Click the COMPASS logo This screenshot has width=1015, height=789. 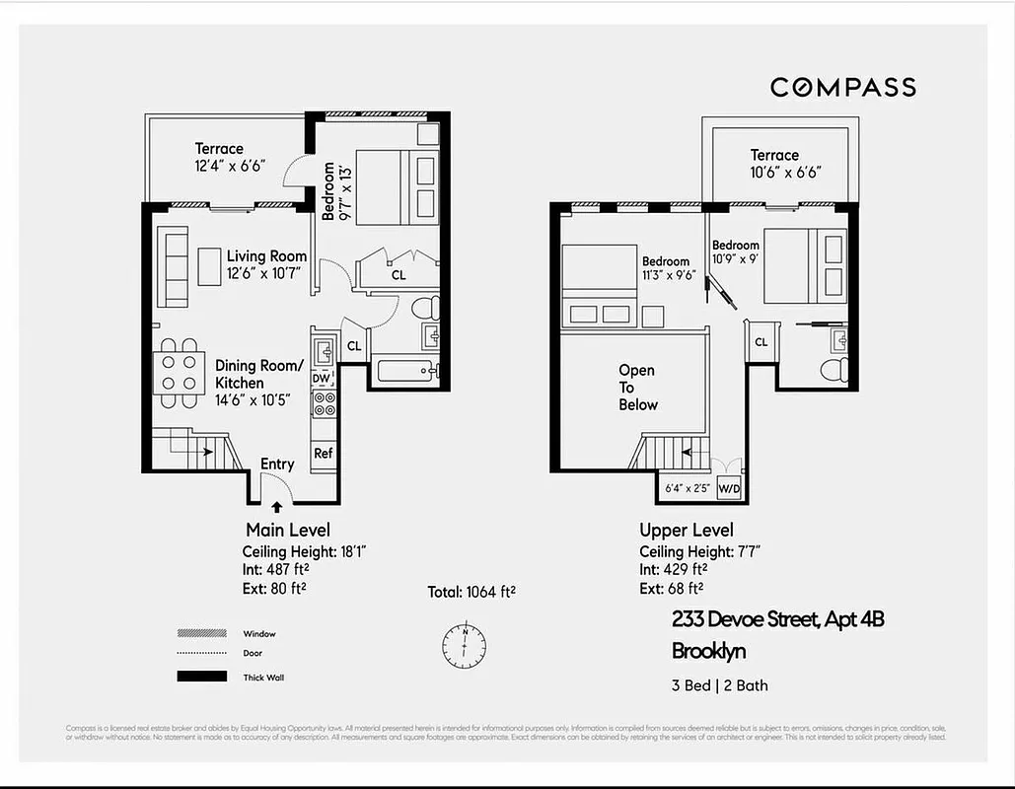[842, 88]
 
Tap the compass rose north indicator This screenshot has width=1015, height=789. [463, 644]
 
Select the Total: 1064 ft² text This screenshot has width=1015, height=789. [471, 592]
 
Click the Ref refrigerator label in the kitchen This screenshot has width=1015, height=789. [323, 454]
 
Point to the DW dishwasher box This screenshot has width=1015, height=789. [322, 378]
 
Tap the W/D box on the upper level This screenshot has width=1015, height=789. [729, 487]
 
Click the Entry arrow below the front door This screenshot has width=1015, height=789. [275, 507]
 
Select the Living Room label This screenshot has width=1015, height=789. [266, 256]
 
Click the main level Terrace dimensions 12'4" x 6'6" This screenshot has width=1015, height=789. [229, 167]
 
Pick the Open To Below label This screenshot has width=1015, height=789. [637, 388]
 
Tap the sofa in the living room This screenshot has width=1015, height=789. [175, 266]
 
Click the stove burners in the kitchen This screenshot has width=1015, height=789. [324, 403]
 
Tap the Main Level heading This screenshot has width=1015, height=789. [288, 531]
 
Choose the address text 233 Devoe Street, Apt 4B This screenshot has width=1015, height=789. [778, 619]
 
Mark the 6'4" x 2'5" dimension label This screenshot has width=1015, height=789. [688, 487]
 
